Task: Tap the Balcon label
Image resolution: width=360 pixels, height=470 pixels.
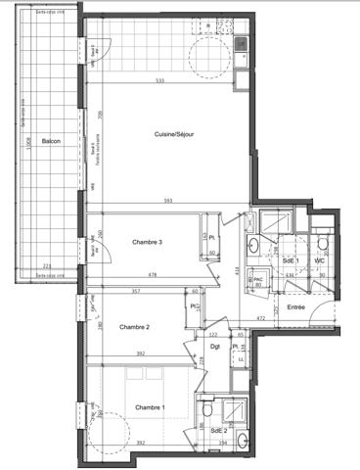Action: [x=51, y=141]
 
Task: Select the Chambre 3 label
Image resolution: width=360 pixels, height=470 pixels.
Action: [x=147, y=242]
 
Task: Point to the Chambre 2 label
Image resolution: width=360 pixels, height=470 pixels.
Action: [x=134, y=326]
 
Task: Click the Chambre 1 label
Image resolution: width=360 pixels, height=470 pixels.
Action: [x=150, y=406]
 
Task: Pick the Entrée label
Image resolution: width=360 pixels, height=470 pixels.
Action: [x=296, y=307]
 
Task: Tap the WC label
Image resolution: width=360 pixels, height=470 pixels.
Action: [x=319, y=260]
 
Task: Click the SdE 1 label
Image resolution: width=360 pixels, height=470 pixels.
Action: [x=291, y=260]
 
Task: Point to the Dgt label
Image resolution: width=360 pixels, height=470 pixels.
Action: [x=215, y=346]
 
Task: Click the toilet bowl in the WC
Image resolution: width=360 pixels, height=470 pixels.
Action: [x=322, y=243]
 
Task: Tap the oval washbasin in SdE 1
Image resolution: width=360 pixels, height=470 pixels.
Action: [x=252, y=246]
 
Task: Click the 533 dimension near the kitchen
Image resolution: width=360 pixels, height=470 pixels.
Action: [x=158, y=80]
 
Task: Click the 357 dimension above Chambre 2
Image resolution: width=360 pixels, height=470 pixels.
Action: [x=138, y=291]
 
